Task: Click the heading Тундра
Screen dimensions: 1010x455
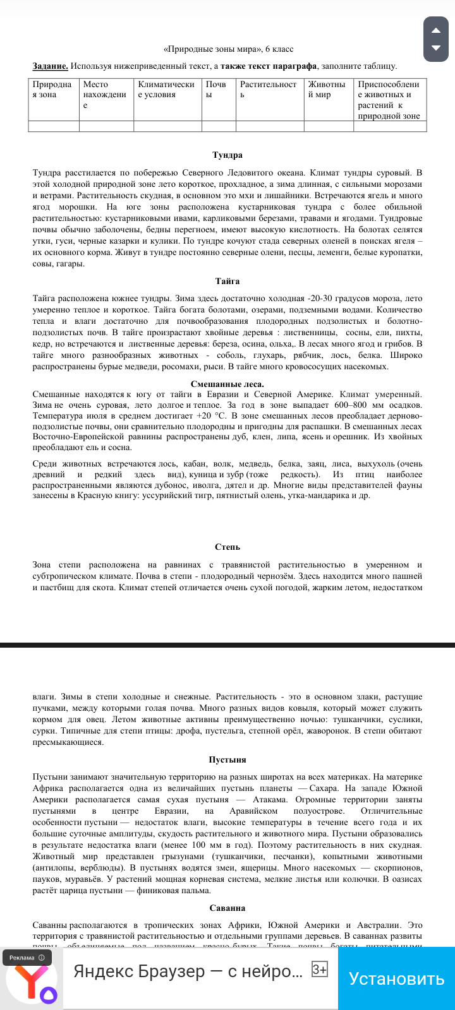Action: pyautogui.click(x=227, y=155)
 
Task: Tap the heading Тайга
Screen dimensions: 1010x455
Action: pyautogui.click(x=227, y=281)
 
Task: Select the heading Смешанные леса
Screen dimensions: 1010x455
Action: pyautogui.click(x=227, y=384)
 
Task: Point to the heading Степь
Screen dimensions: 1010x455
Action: pyautogui.click(x=227, y=547)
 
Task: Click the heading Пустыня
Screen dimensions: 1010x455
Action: pyautogui.click(x=227, y=759)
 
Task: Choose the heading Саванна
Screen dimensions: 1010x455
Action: pyautogui.click(x=227, y=908)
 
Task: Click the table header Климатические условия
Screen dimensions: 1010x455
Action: pyautogui.click(x=166, y=90)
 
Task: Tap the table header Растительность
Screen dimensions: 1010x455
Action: pyautogui.click(x=268, y=90)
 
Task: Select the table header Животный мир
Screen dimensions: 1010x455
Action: pyautogui.click(x=327, y=90)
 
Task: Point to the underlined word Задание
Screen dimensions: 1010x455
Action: pyautogui.click(x=51, y=66)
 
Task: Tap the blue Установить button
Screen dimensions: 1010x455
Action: pyautogui.click(x=396, y=978)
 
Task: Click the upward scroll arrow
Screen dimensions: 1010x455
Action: pyautogui.click(x=435, y=30)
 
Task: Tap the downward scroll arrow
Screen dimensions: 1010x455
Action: pyautogui.click(x=435, y=48)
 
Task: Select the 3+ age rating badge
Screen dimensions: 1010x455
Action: pyautogui.click(x=320, y=970)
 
